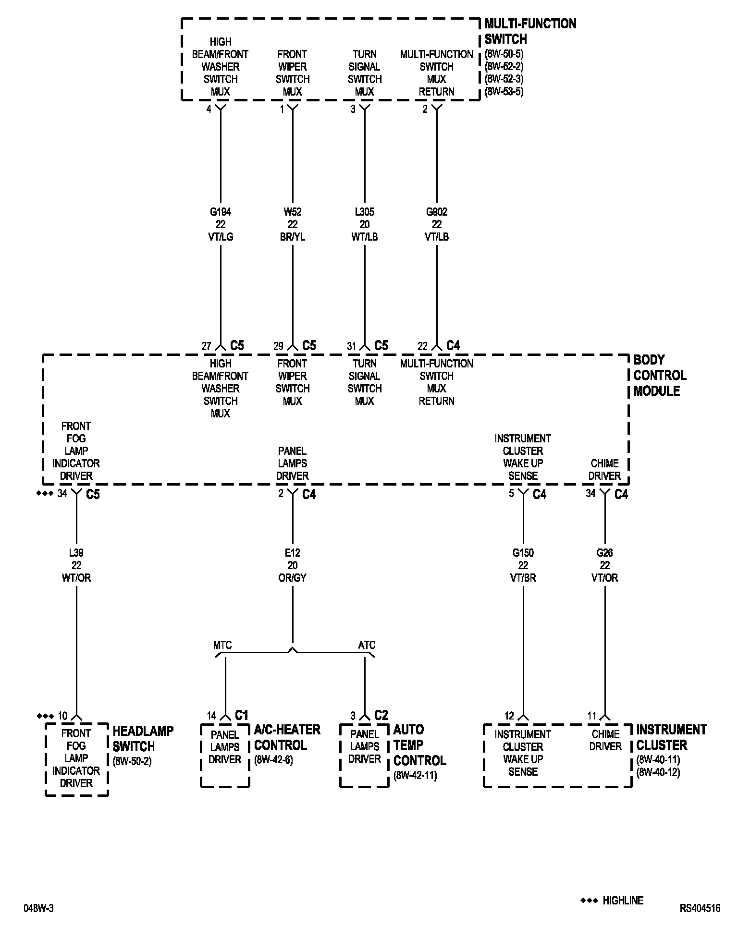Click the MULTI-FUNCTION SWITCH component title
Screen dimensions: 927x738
coord(530,31)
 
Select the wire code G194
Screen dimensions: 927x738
coord(221,212)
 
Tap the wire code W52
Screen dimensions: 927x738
coord(292,212)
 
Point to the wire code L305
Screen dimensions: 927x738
coord(364,212)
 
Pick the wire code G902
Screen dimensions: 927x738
coord(436,212)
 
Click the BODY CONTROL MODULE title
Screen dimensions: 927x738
coord(660,375)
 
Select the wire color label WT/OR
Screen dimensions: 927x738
coord(76,578)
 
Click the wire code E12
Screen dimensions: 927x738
coord(292,553)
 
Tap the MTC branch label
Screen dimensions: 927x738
coord(222,645)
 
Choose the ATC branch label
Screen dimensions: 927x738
coord(367,645)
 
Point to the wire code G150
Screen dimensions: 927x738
coord(523,553)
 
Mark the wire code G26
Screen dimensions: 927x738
coord(604,553)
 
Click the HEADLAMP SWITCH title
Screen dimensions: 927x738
coord(143,739)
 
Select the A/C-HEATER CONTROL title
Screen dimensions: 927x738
coord(287,737)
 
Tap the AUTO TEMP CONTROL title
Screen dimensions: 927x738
coord(419,745)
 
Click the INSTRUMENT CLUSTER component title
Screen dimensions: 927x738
coord(671,737)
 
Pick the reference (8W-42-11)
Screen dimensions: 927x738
coord(415,776)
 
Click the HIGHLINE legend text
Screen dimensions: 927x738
coord(623,901)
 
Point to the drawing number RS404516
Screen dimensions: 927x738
coord(700,908)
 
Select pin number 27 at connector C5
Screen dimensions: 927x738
coord(206,346)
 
